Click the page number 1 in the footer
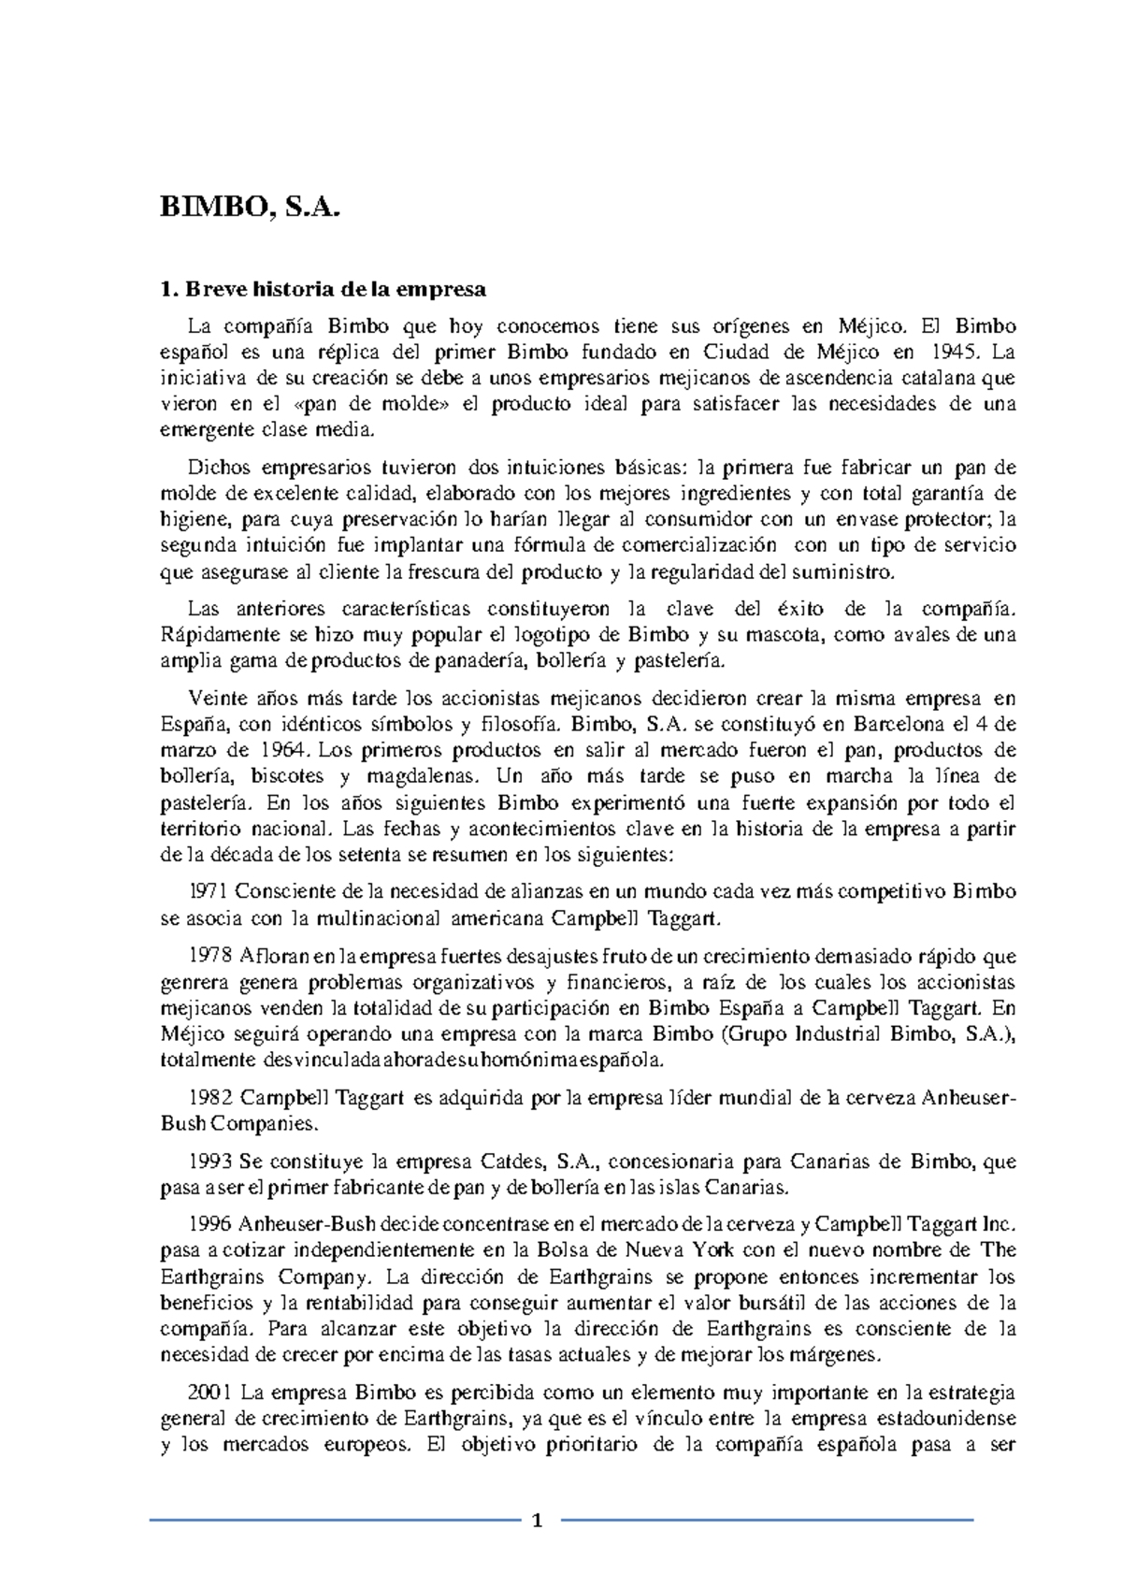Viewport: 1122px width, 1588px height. (537, 1522)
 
